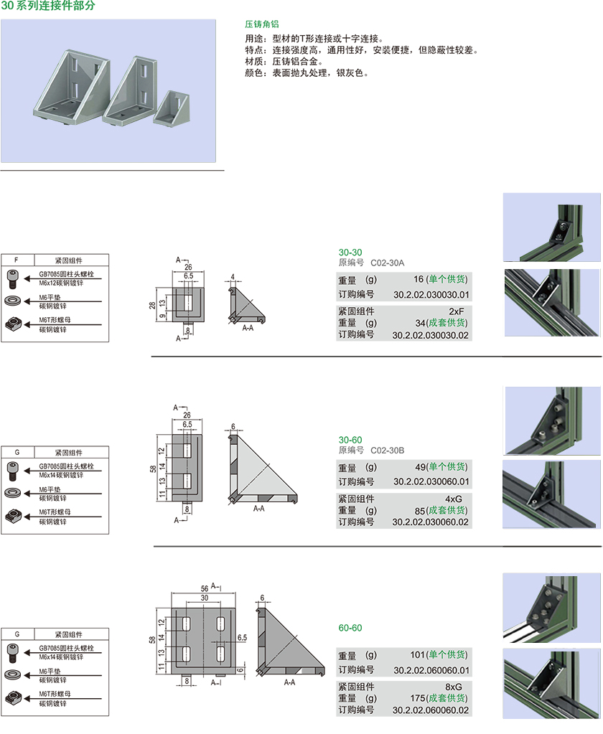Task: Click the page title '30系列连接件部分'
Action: tap(47, 6)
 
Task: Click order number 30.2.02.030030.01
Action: tap(431, 294)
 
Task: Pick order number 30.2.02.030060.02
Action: tap(431, 522)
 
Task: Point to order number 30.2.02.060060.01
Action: tap(431, 670)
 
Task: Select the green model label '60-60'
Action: tap(350, 628)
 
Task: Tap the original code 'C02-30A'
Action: tap(388, 263)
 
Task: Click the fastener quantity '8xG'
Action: tap(454, 686)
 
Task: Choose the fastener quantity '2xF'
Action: tap(457, 311)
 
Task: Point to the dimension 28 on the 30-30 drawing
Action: tap(152, 305)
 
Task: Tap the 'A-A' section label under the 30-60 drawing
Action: tap(258, 508)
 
